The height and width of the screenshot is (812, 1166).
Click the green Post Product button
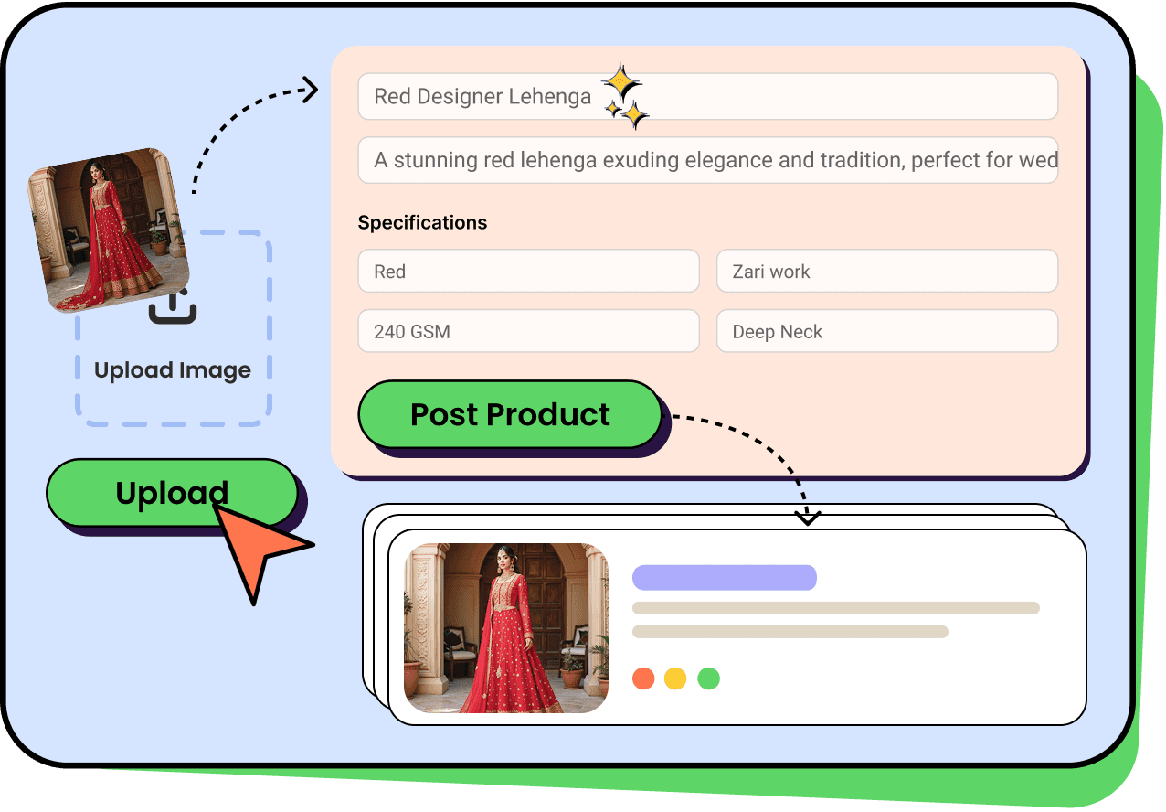[509, 414]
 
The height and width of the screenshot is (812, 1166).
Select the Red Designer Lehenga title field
[707, 97]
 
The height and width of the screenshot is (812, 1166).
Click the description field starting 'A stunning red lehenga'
[707, 161]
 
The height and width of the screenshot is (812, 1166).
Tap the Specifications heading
[422, 222]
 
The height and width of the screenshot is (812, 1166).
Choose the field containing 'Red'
[528, 272]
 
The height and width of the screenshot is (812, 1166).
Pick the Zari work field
[886, 272]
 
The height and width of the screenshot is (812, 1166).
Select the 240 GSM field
[528, 332]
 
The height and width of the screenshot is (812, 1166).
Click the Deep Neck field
[886, 332]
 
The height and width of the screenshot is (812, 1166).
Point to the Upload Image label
[173, 370]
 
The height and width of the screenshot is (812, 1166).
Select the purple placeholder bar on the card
[724, 577]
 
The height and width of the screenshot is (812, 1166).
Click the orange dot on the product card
[643, 678]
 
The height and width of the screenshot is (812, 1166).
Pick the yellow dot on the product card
[675, 678]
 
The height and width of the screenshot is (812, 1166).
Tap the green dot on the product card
[708, 678]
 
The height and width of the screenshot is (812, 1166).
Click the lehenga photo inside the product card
[506, 628]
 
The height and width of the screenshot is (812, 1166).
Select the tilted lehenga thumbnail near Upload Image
[108, 229]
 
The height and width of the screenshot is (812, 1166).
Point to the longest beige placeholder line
[835, 608]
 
